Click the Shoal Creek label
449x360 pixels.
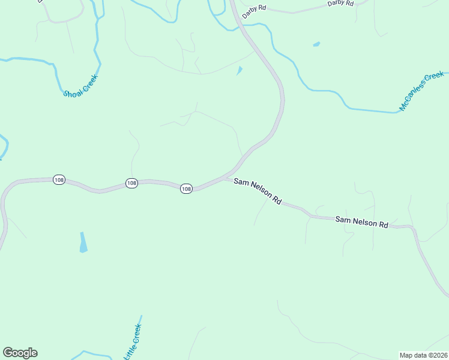[80, 85]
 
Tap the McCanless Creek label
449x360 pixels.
[422, 92]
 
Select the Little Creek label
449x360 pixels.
[133, 342]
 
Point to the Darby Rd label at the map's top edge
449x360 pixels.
[340, 4]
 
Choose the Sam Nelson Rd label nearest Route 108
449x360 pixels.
[258, 190]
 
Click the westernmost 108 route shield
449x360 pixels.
[58, 180]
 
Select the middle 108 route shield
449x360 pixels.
[132, 183]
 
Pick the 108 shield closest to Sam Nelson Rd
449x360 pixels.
[186, 188]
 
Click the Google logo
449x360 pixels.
[20, 353]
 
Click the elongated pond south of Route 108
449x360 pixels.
[83, 242]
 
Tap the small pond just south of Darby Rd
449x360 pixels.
[316, 44]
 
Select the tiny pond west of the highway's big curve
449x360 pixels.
[240, 70]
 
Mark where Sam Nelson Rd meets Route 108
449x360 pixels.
[227, 177]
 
